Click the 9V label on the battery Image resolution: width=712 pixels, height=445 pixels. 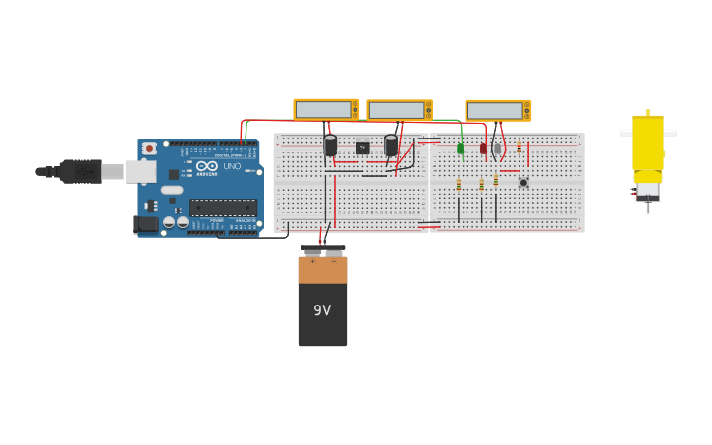[322, 310]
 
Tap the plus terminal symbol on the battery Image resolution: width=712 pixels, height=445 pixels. [312, 262]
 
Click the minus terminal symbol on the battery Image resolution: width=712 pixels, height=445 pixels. [333, 262]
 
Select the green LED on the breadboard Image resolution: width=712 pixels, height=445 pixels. [460, 148]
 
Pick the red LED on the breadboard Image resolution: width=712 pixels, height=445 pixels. [483, 148]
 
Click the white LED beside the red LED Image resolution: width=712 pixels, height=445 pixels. [497, 148]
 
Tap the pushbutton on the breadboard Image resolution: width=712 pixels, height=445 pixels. [523, 182]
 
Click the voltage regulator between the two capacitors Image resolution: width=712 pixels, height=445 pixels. [362, 148]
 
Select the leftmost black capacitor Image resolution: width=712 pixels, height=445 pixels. [330, 145]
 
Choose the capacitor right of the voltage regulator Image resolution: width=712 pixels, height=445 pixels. [391, 145]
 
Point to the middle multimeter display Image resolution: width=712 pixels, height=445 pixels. [397, 111]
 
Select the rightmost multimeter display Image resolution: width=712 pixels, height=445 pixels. [495, 111]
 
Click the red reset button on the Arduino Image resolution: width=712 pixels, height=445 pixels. [149, 149]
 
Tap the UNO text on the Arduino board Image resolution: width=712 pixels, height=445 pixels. [232, 166]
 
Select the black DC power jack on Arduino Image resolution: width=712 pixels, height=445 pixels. [145, 223]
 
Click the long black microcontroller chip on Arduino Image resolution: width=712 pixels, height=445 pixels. [223, 207]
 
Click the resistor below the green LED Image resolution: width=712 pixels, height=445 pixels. [459, 184]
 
